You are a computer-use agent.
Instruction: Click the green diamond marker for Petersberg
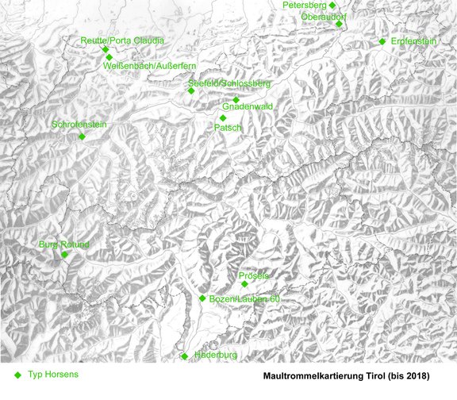(x=321, y=5)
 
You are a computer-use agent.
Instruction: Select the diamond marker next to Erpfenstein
(x=382, y=41)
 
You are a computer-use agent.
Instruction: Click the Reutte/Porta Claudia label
(x=122, y=40)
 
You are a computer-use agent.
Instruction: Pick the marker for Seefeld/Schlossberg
(x=191, y=90)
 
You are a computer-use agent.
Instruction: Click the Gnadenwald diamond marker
(x=236, y=99)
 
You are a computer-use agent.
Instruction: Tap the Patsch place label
(x=228, y=128)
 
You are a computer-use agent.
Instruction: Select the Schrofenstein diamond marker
(x=82, y=137)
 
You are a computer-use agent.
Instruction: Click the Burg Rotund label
(x=64, y=244)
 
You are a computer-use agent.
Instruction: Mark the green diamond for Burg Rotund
(x=65, y=255)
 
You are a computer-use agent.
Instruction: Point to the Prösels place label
(x=254, y=275)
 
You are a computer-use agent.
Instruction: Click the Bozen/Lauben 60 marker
(x=202, y=298)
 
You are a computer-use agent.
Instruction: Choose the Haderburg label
(x=215, y=356)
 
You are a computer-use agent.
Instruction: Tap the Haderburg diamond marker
(x=185, y=356)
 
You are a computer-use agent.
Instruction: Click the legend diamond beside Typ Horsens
(x=17, y=373)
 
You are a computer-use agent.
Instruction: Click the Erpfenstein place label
(x=414, y=41)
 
